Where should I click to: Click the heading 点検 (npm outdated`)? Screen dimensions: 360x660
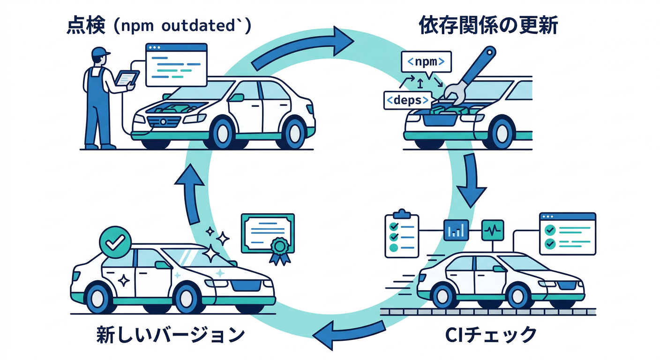(x=159, y=26)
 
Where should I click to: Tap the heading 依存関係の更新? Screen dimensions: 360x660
(x=487, y=26)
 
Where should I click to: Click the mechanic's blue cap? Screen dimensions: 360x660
(x=100, y=52)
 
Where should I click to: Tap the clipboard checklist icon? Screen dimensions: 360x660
(x=401, y=234)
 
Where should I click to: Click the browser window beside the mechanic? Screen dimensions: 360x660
(x=176, y=65)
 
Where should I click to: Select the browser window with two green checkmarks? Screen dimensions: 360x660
(x=567, y=233)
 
